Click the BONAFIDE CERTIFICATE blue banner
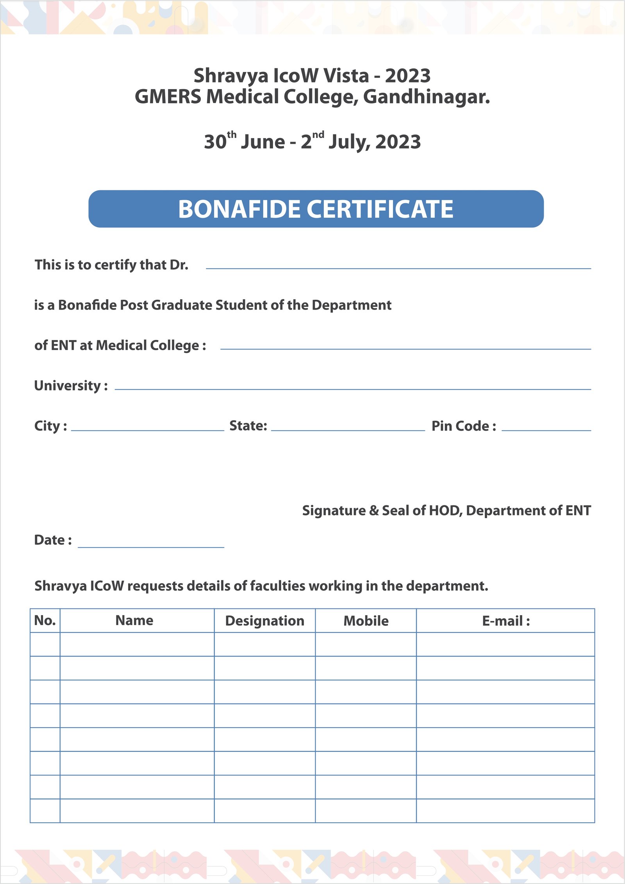point(316,209)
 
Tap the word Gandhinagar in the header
point(426,97)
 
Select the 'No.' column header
point(45,621)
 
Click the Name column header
point(134,621)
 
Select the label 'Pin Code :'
point(464,426)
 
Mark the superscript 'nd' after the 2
point(318,135)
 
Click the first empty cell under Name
point(137,644)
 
